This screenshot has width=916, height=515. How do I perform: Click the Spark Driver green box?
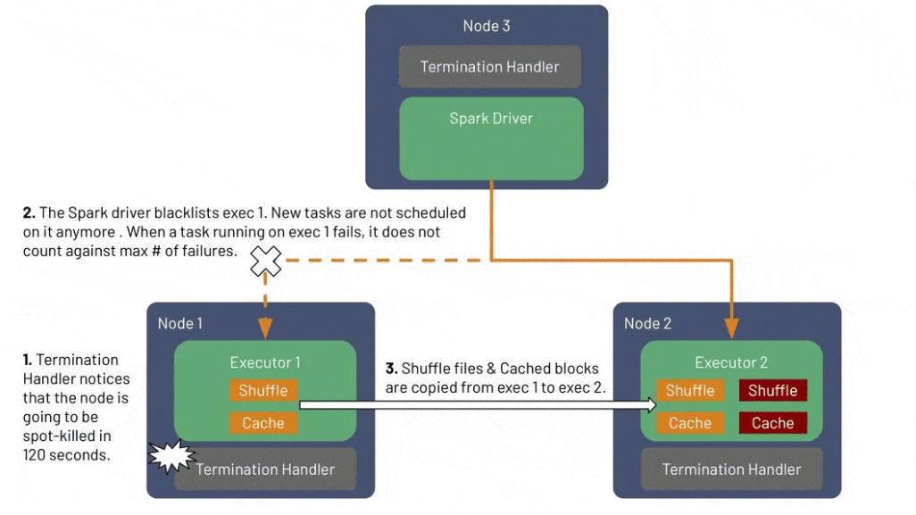point(490,137)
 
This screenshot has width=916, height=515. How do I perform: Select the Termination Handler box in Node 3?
point(489,67)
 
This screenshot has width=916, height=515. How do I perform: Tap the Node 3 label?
point(487,26)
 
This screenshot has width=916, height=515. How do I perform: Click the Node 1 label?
point(179,323)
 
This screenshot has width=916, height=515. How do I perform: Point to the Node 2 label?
point(647,323)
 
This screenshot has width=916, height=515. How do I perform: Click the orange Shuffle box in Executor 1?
point(263,391)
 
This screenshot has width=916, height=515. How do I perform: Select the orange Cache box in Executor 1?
point(263,423)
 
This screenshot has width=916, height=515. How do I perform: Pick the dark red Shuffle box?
point(772,391)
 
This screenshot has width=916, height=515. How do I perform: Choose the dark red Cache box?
point(772,423)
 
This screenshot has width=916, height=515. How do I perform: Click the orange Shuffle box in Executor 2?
point(690,391)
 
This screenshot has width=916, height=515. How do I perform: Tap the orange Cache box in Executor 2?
point(690,423)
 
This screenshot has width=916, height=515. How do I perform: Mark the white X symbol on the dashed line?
point(265,261)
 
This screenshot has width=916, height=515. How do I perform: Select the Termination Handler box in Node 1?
point(265,469)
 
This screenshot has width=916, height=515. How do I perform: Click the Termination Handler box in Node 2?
point(731,469)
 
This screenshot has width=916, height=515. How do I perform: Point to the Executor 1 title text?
point(265,362)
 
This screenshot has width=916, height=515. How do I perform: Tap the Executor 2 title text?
point(731,362)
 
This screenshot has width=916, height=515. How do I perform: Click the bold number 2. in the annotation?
point(29,213)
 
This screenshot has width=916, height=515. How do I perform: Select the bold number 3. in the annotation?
point(391,369)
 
